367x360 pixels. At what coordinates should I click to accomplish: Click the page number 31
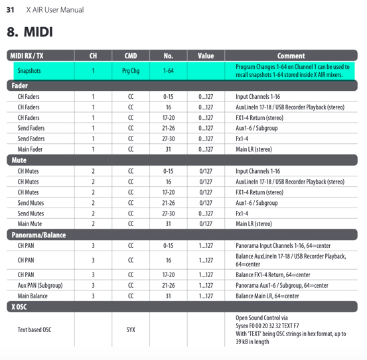pyautogui.click(x=10, y=10)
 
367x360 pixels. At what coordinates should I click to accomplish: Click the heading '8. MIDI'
pyautogui.click(x=30, y=32)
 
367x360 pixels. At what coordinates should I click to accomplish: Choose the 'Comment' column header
pyautogui.click(x=291, y=56)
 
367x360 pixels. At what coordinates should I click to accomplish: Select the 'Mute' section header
pyautogui.click(x=18, y=160)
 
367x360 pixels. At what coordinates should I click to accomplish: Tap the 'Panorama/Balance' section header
pyautogui.click(x=37, y=235)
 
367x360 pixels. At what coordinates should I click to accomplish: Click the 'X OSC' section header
pyautogui.click(x=19, y=308)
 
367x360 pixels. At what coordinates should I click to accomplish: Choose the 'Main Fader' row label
pyautogui.click(x=30, y=149)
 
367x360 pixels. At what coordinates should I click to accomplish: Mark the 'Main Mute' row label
pyautogui.click(x=30, y=224)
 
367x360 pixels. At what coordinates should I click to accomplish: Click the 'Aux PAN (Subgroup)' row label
pyautogui.click(x=40, y=285)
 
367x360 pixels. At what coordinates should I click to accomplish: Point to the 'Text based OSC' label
pyautogui.click(x=35, y=330)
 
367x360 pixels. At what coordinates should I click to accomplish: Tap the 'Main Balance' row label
pyautogui.click(x=33, y=296)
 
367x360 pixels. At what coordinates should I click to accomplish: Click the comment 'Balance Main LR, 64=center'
pyautogui.click(x=267, y=296)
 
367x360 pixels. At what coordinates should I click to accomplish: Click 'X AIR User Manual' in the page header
pyautogui.click(x=55, y=10)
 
